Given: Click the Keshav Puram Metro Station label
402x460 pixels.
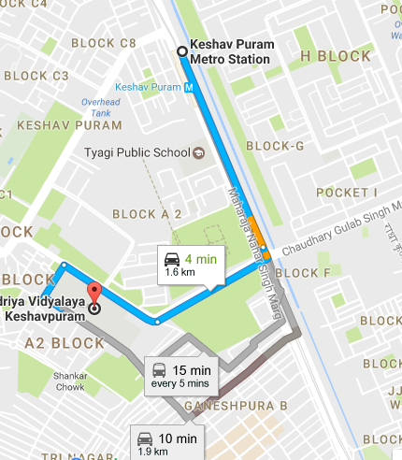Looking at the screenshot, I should click(x=229, y=51).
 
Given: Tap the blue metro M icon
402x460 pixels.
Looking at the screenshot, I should click(x=191, y=88).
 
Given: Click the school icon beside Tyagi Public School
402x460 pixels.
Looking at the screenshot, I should click(x=197, y=152).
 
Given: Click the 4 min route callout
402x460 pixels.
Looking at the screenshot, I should click(x=187, y=265).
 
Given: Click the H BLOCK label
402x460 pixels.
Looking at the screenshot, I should click(x=336, y=56).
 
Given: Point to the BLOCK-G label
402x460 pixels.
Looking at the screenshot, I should click(x=274, y=146).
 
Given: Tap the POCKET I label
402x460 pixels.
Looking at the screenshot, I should click(x=346, y=193).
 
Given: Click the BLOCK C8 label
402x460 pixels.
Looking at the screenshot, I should click(x=103, y=43).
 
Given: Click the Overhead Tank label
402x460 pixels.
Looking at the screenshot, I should click(x=102, y=107).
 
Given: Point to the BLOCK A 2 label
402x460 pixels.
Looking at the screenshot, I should click(x=147, y=214).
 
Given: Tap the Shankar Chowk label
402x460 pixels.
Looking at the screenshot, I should click(x=70, y=381).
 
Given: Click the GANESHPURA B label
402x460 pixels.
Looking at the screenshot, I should click(x=235, y=406).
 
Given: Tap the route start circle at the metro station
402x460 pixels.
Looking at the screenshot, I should click(x=180, y=51).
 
